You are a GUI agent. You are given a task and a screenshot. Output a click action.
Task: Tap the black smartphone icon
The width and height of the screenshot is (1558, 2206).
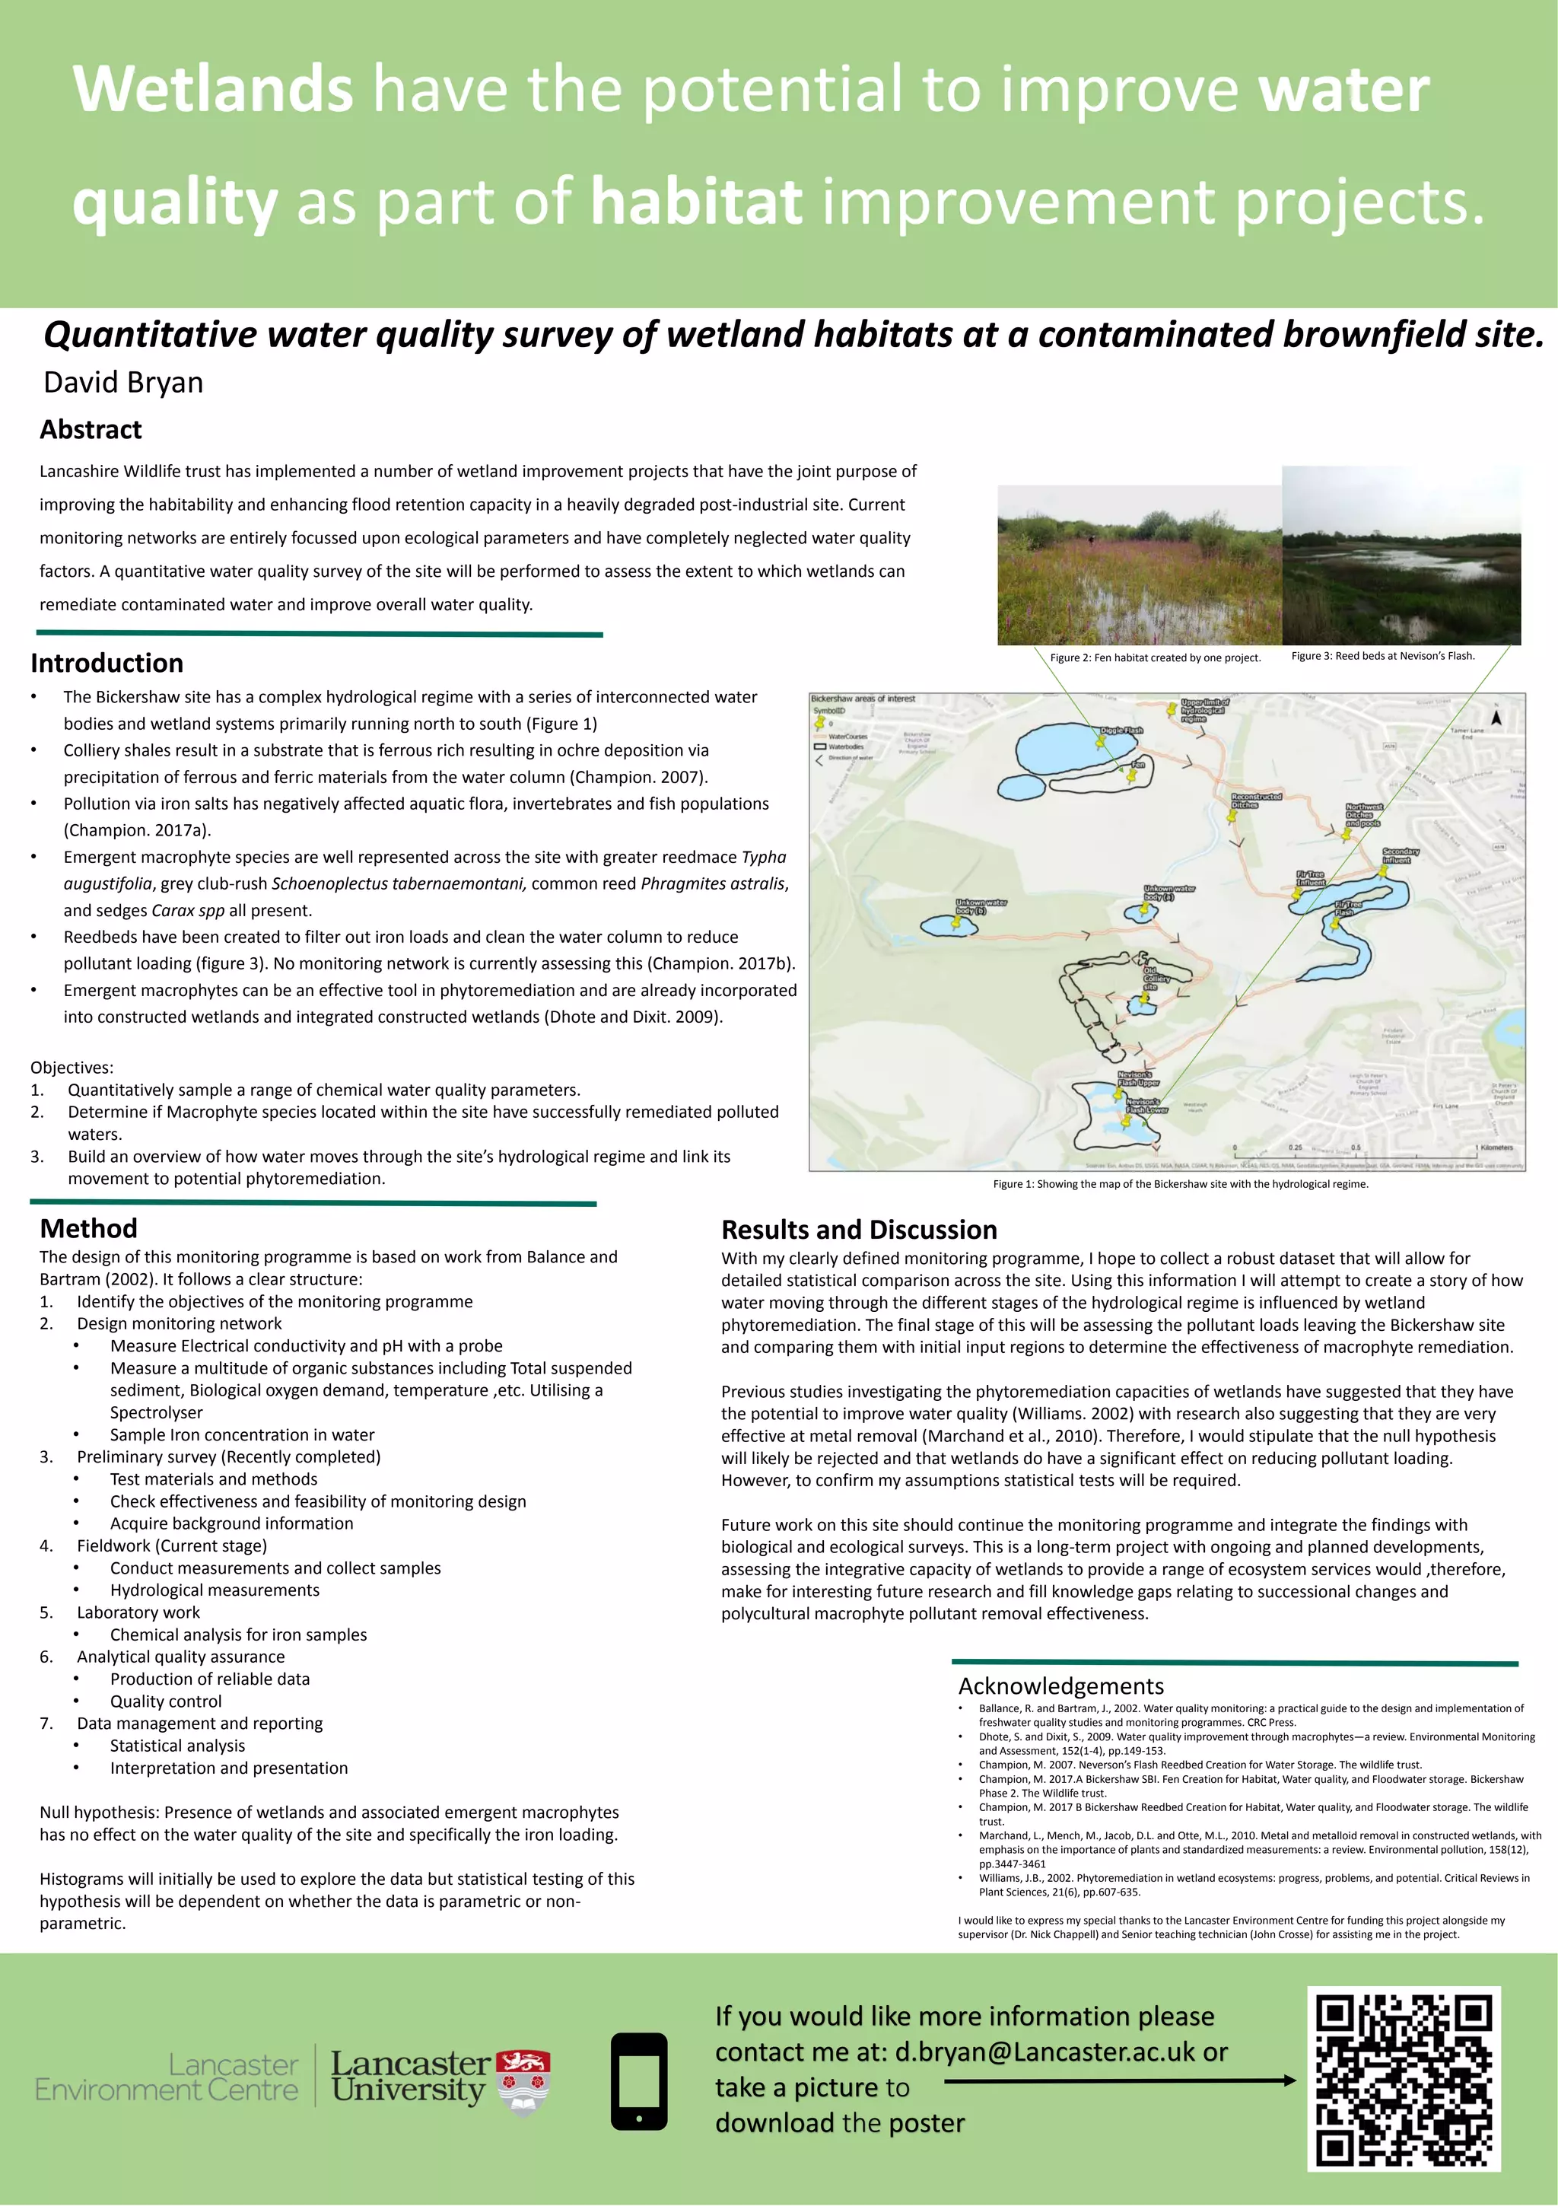pyautogui.click(x=639, y=2081)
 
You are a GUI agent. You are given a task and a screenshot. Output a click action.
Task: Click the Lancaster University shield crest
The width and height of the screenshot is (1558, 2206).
pyautogui.click(x=523, y=2081)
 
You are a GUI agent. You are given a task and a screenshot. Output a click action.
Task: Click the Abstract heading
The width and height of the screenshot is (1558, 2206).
pyautogui.click(x=91, y=429)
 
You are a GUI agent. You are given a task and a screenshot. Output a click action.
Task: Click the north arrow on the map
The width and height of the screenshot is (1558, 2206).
pyautogui.click(x=1496, y=717)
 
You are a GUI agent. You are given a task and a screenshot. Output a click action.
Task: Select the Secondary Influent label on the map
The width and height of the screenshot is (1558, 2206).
pyautogui.click(x=1400, y=855)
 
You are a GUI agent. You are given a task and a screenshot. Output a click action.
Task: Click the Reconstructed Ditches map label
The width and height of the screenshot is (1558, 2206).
pyautogui.click(x=1255, y=800)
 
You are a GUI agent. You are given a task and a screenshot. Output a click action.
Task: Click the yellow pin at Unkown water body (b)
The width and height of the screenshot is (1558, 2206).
pyautogui.click(x=957, y=922)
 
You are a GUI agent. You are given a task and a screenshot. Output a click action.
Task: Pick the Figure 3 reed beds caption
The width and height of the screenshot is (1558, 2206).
pyautogui.click(x=1382, y=656)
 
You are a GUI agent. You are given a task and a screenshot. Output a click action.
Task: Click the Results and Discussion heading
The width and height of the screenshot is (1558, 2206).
pyautogui.click(x=859, y=1230)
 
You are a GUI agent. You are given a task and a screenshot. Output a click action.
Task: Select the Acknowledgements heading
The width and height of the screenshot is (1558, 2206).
pyautogui.click(x=1060, y=1686)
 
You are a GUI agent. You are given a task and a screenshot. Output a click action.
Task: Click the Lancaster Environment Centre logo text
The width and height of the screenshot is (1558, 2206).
pyautogui.click(x=166, y=2077)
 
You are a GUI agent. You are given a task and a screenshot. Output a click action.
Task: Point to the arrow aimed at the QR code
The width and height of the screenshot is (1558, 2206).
pyautogui.click(x=1119, y=2081)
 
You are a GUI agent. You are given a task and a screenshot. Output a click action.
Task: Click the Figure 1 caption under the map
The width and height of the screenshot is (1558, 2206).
pyautogui.click(x=1180, y=1184)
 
